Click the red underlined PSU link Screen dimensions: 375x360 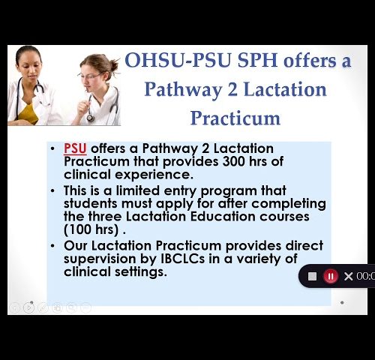(75, 148)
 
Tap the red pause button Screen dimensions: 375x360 (331, 277)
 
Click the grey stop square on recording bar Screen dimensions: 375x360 (312, 277)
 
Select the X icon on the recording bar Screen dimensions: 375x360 (348, 277)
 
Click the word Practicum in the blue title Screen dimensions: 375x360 (235, 118)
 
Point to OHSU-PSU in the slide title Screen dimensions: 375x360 (178, 60)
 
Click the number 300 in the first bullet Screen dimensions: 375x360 (233, 161)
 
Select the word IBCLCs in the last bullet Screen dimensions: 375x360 (182, 259)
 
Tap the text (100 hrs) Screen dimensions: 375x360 (91, 229)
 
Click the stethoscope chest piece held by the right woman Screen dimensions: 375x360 (90, 118)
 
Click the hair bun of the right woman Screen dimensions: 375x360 (114, 65)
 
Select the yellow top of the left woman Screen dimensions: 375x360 (28, 114)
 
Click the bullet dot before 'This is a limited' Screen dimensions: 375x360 (52, 190)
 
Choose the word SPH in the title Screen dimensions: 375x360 (257, 60)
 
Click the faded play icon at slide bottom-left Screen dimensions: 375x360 (28, 307)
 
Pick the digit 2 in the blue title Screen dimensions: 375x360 (232, 90)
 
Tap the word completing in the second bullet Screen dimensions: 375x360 (289, 204)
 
